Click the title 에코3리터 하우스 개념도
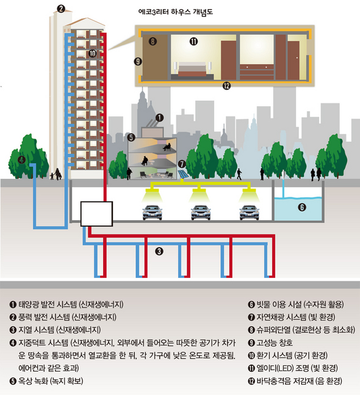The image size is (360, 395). [176, 12]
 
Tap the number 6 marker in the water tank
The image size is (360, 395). [302, 207]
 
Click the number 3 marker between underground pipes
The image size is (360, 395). [159, 251]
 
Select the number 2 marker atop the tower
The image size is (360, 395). [61, 9]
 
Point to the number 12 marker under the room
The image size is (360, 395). [226, 86]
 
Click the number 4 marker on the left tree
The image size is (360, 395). [21, 159]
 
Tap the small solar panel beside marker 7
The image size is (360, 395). [183, 175]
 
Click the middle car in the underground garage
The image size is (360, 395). [201, 212]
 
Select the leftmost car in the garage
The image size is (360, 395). [153, 212]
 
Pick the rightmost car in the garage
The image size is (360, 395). [249, 212]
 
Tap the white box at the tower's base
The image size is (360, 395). [96, 214]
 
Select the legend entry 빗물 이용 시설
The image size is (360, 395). [279, 304]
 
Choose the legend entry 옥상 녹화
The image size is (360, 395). [33, 381]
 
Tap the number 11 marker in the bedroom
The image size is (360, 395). [193, 42]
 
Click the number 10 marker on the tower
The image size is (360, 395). [92, 53]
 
